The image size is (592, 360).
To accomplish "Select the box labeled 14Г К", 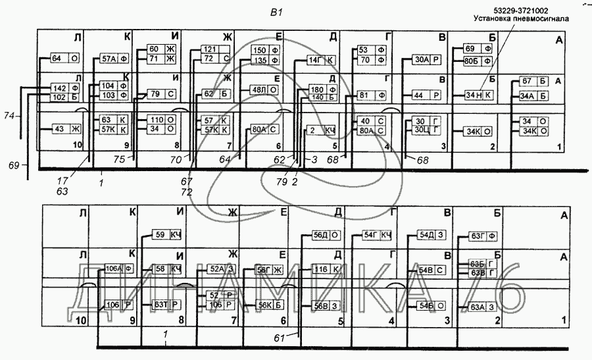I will click(x=322, y=61).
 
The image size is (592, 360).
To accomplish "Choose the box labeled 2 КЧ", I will click(x=322, y=131).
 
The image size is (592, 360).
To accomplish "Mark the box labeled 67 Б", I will click(x=533, y=81).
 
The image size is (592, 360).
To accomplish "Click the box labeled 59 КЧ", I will click(x=166, y=235).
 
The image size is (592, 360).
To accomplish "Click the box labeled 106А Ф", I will click(x=120, y=268).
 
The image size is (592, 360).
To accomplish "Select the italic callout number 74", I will click(x=9, y=115).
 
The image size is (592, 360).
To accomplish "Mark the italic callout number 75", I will click(x=118, y=158).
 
